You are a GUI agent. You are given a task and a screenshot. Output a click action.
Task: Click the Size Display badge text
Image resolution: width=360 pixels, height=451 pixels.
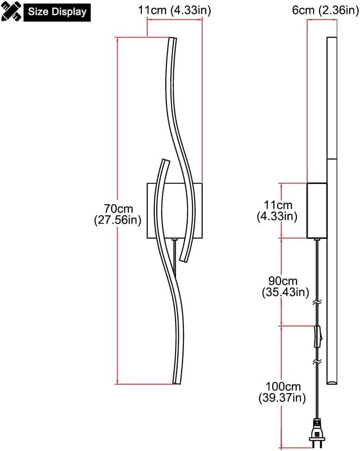(57, 12)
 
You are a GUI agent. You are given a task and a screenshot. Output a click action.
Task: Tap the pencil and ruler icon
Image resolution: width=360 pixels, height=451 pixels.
(12, 11)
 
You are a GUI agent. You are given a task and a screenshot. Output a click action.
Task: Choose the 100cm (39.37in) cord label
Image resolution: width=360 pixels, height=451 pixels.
(283, 392)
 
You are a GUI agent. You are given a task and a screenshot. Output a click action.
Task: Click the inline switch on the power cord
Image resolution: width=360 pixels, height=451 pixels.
(317, 337)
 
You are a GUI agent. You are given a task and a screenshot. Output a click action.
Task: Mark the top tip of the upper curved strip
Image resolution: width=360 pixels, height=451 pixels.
(172, 39)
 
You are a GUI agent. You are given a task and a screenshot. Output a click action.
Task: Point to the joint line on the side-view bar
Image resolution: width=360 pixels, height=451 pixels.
(333, 159)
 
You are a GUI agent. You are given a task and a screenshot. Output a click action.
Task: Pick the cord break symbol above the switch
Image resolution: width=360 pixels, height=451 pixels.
(317, 302)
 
